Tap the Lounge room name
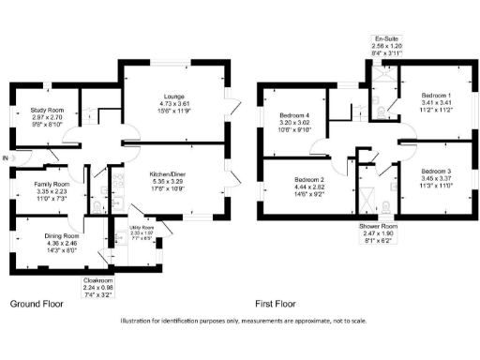click(x=172, y=97)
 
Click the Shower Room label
click(x=379, y=227)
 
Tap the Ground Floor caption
click(x=36, y=304)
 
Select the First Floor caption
click(x=276, y=304)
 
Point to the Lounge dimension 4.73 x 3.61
click(x=172, y=103)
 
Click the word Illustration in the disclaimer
click(x=140, y=322)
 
